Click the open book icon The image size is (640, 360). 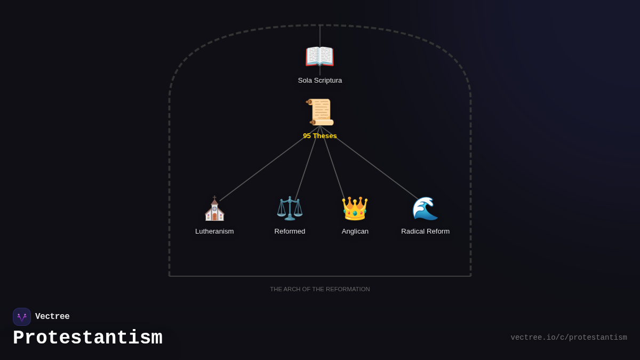coord(319,57)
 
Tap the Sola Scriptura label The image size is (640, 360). coord(320,81)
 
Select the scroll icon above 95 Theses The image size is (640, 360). coord(320,112)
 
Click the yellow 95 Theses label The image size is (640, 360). coord(320,136)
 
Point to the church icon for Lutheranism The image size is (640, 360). coord(214,209)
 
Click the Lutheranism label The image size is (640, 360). coord(214,231)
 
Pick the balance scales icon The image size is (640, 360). coord(290,209)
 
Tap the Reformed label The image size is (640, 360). coord(290,231)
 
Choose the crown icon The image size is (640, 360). coord(355,209)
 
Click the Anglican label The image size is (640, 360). coord(355,231)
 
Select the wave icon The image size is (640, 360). coord(425,209)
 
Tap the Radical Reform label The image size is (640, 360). coord(425,231)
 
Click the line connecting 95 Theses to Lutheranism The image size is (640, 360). coord(269,163)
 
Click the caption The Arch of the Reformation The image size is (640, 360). coord(320,289)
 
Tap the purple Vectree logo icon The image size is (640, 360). coord(22,317)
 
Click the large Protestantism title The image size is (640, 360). coord(87,338)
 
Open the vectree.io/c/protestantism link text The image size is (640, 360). coord(569,338)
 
